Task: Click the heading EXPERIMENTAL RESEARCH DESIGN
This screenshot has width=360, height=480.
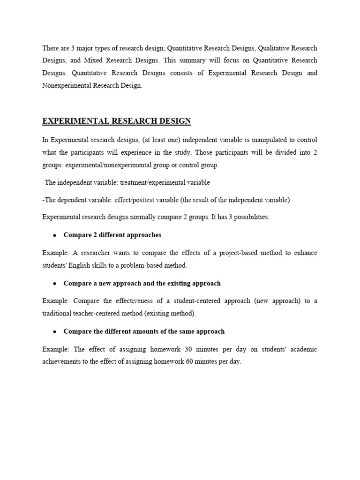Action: coord(117,121)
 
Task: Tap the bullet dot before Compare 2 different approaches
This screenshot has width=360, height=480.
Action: coord(55,235)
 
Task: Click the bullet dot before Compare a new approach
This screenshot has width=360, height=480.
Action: coord(55,284)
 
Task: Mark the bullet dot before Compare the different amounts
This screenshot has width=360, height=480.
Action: coord(55,332)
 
